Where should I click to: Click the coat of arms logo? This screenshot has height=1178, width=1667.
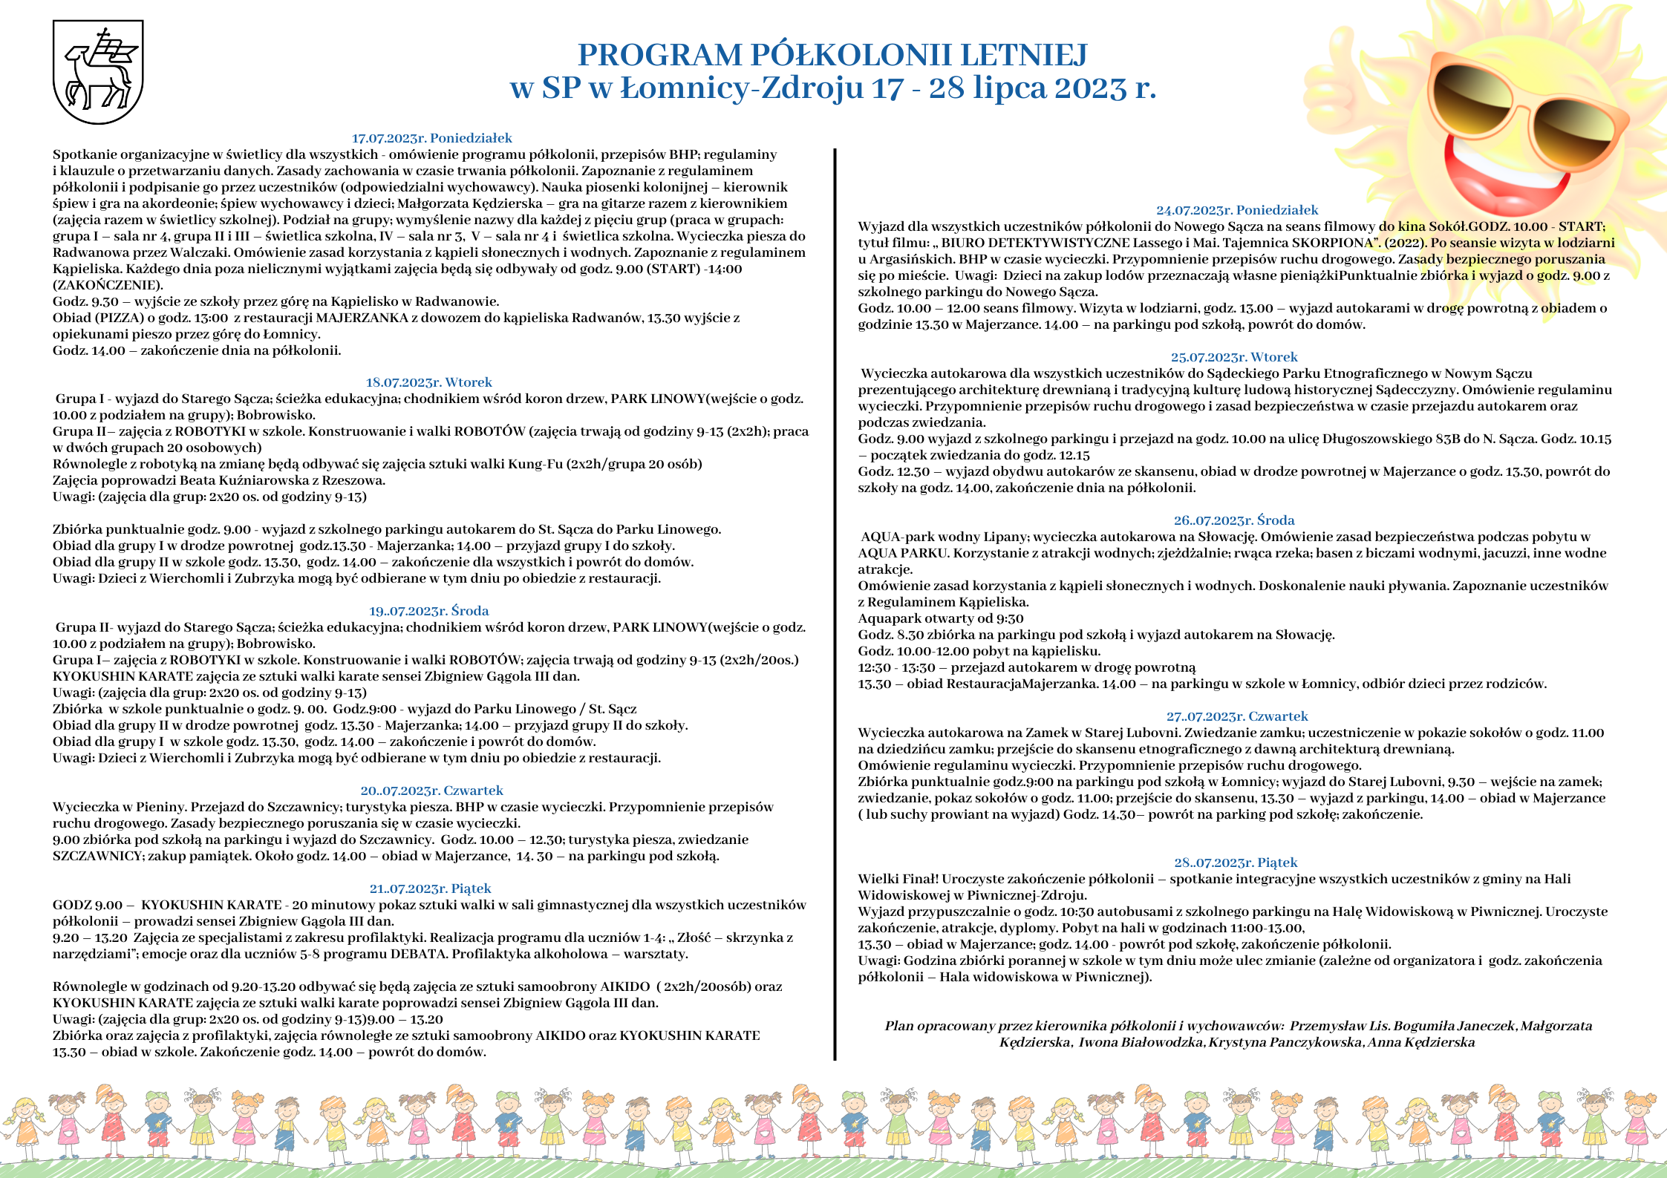coord(98,72)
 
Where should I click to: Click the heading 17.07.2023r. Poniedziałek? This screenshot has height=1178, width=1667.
coord(431,138)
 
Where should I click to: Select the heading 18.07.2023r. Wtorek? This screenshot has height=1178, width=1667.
coord(428,382)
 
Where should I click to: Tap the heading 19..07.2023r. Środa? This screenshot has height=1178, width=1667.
coord(428,611)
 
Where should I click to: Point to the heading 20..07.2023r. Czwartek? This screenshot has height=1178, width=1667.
coord(431,791)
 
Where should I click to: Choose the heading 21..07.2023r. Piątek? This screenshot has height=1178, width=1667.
coord(430,889)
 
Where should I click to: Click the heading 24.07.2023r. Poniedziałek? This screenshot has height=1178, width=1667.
coord(1237,210)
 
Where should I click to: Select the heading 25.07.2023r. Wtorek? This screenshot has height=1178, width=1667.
coord(1234,357)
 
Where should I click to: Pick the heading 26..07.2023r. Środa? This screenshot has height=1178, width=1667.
coord(1234,520)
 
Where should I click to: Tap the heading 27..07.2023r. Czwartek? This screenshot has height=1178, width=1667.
coord(1237,716)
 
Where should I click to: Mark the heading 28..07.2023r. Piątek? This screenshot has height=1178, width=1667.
coord(1236,863)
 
